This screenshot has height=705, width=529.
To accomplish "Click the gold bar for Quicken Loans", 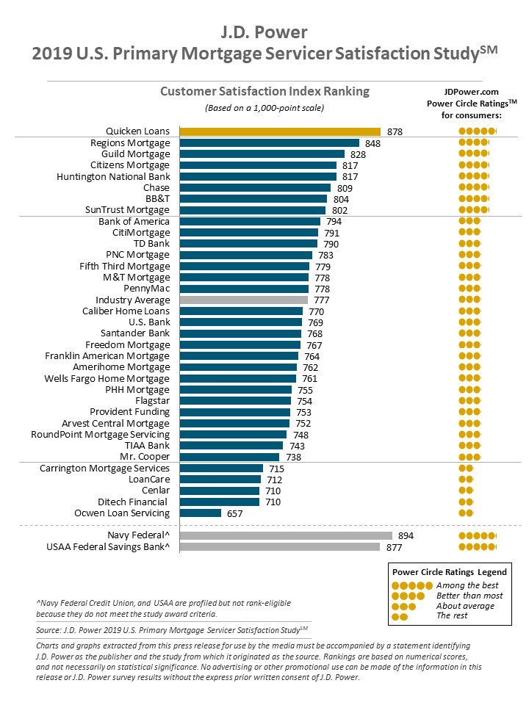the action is (280, 131).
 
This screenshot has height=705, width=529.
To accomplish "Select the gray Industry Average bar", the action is (244, 300).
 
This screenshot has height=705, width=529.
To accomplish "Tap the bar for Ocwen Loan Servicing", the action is (201, 513).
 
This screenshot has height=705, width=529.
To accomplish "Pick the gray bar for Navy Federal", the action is (286, 535).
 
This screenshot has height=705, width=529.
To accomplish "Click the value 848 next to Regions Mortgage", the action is (373, 143).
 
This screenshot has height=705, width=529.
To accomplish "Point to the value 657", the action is (235, 514).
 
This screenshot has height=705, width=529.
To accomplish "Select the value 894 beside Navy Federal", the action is (406, 536).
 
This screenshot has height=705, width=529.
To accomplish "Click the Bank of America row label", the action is (134, 222).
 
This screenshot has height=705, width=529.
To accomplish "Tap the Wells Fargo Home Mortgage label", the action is (107, 379).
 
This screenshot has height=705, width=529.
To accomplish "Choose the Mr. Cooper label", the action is (145, 457).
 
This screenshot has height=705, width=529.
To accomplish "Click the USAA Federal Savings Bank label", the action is (108, 547).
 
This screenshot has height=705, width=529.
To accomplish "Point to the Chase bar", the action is (255, 187).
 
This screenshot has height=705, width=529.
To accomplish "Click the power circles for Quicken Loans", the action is (478, 131).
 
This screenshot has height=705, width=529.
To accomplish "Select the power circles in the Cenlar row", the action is (466, 491).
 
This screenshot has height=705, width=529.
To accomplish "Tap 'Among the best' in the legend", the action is (467, 585).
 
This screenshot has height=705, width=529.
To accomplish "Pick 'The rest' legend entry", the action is (452, 615).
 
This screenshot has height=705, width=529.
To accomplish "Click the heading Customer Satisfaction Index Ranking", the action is (265, 91).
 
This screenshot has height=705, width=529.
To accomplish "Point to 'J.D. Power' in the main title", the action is (264, 32).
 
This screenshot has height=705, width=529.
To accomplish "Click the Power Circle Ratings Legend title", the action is (450, 572).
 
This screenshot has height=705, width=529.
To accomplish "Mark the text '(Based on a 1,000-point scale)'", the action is (264, 108).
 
